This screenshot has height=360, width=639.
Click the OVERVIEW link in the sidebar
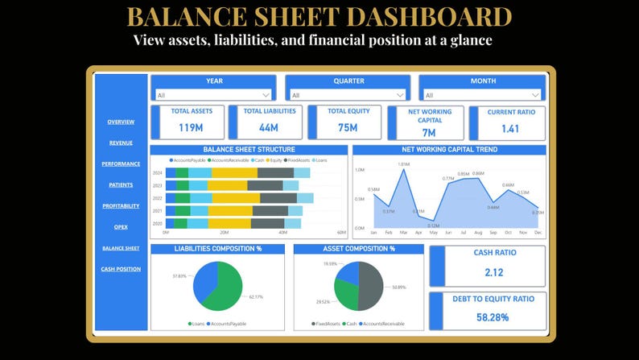[x=121, y=122]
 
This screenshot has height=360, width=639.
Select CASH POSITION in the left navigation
[x=121, y=268]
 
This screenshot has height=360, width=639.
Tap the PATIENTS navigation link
[x=121, y=184]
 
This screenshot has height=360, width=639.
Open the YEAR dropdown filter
[x=213, y=94]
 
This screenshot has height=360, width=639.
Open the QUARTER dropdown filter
[x=348, y=94]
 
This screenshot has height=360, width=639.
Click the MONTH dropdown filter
[x=481, y=94]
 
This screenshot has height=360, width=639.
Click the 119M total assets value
[x=190, y=127]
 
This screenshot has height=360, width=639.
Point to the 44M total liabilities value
[x=269, y=127]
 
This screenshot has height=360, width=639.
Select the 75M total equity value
[x=348, y=127]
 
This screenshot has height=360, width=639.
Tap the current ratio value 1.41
[x=510, y=128]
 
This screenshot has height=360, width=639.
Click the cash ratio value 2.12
[x=494, y=271]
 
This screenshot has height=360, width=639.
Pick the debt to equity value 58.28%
[x=493, y=317]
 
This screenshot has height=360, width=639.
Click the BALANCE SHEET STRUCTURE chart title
[x=249, y=149]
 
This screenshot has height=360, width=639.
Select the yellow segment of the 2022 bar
[x=236, y=198]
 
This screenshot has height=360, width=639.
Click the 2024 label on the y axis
[x=158, y=172]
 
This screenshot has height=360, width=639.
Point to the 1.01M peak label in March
[x=404, y=163]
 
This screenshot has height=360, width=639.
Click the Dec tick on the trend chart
[x=537, y=232]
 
